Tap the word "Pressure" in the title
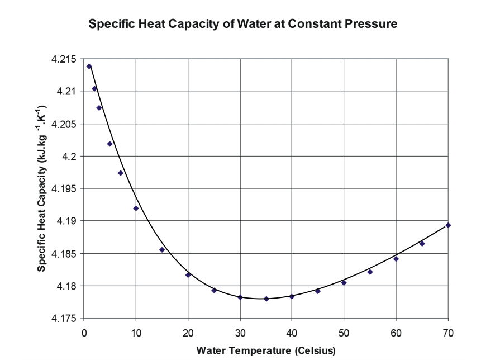(x=370, y=25)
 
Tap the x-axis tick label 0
(x=84, y=333)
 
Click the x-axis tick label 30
(x=240, y=333)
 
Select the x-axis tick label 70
(x=448, y=333)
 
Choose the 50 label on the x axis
(x=344, y=333)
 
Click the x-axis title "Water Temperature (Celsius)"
(x=265, y=350)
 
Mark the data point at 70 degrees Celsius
(x=448, y=225)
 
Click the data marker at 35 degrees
(x=266, y=299)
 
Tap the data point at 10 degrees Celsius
(x=136, y=209)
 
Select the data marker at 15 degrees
(x=162, y=249)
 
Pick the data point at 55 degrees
(x=370, y=272)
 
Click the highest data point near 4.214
(x=89, y=67)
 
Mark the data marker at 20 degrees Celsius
(x=188, y=274)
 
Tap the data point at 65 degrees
(x=422, y=243)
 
